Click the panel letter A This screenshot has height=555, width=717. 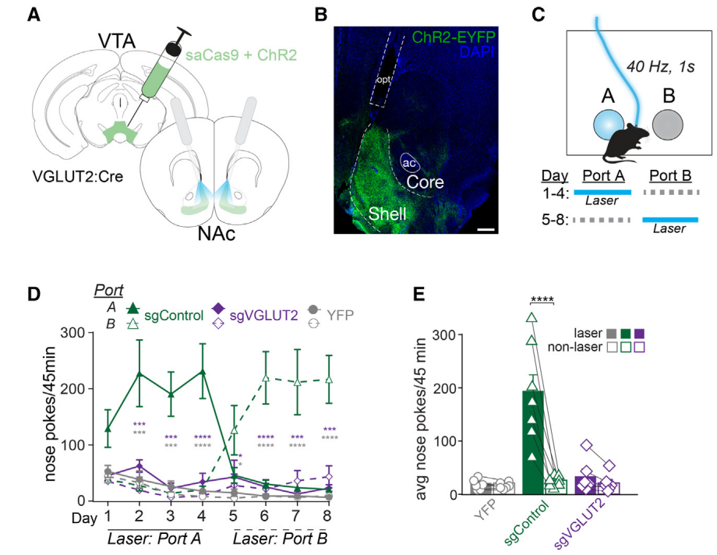tap(34, 14)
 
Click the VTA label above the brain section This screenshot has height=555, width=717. tap(117, 41)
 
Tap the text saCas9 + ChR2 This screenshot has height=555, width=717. tap(242, 55)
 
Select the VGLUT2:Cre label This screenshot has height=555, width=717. tap(78, 176)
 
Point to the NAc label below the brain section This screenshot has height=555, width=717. tap(217, 234)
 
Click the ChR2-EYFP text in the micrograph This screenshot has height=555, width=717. tap(453, 37)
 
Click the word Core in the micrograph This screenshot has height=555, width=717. tap(425, 182)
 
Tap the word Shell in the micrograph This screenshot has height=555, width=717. tap(387, 214)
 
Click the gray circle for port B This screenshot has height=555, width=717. tap(668, 125)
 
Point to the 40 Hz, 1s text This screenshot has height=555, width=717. tap(660, 67)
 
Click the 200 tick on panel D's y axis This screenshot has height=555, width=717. tap(72, 388)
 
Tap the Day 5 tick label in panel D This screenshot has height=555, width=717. tap(233, 516)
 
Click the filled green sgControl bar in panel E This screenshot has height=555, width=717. tap(532, 443)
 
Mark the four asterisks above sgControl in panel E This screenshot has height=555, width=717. tap(542, 299)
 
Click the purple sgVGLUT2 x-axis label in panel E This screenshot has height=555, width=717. tap(580, 523)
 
